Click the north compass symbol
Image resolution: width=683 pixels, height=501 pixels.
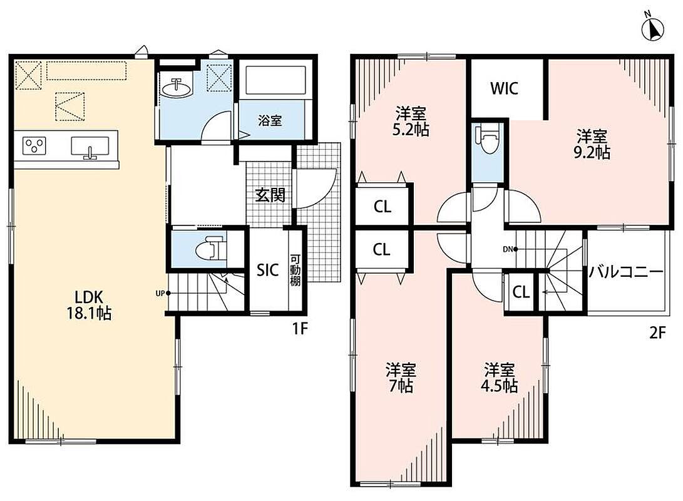652,28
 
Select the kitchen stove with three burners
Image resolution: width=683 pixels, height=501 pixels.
34,145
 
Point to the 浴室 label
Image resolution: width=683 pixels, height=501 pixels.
270,121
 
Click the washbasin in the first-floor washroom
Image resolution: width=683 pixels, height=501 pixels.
176,88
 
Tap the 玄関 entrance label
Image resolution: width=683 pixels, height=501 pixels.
270,195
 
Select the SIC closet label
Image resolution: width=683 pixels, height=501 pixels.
267,270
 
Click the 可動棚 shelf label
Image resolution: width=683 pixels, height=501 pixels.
295,270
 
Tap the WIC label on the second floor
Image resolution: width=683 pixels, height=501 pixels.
505,88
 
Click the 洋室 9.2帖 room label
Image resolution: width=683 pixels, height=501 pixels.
592,145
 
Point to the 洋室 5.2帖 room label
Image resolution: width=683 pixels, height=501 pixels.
410,121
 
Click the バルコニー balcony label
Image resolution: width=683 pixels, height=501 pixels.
626,272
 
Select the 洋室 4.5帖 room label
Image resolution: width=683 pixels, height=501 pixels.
499,378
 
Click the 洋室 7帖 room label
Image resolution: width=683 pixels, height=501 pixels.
401,378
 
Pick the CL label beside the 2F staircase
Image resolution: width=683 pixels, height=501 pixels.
521,292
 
